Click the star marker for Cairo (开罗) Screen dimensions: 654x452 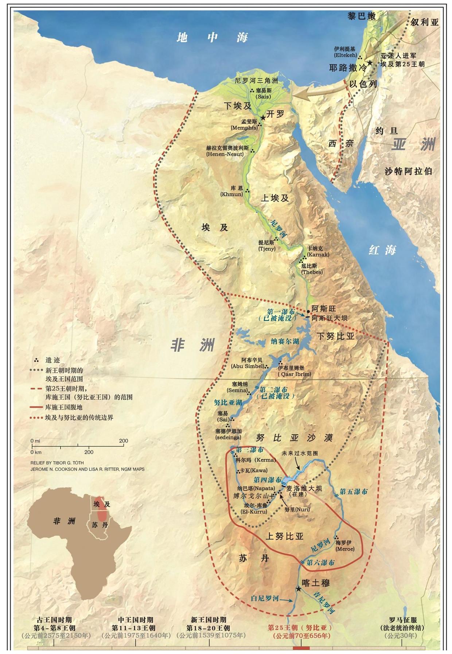tap(263, 118)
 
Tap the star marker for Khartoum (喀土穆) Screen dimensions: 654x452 tap(299, 589)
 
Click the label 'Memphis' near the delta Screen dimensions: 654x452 tap(244, 128)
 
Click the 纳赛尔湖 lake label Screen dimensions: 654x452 tap(284, 342)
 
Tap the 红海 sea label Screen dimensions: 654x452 tap(382, 250)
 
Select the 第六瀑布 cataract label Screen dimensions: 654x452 tap(320, 562)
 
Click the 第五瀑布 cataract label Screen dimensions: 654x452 tap(353, 492)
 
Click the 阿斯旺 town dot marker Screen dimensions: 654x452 tap(308, 311)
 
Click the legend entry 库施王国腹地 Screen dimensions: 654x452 tap(64, 407)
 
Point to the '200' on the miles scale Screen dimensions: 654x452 tap(124, 441)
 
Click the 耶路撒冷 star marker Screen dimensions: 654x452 tap(370, 63)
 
